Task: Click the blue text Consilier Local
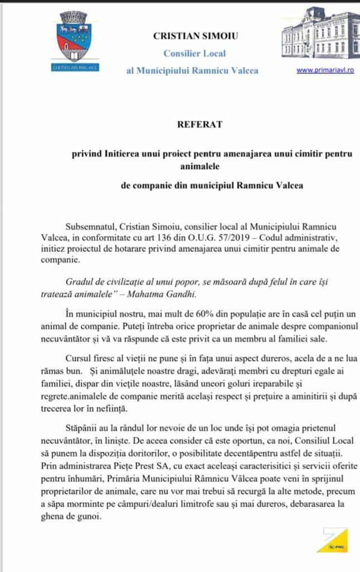pyautogui.click(x=194, y=54)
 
